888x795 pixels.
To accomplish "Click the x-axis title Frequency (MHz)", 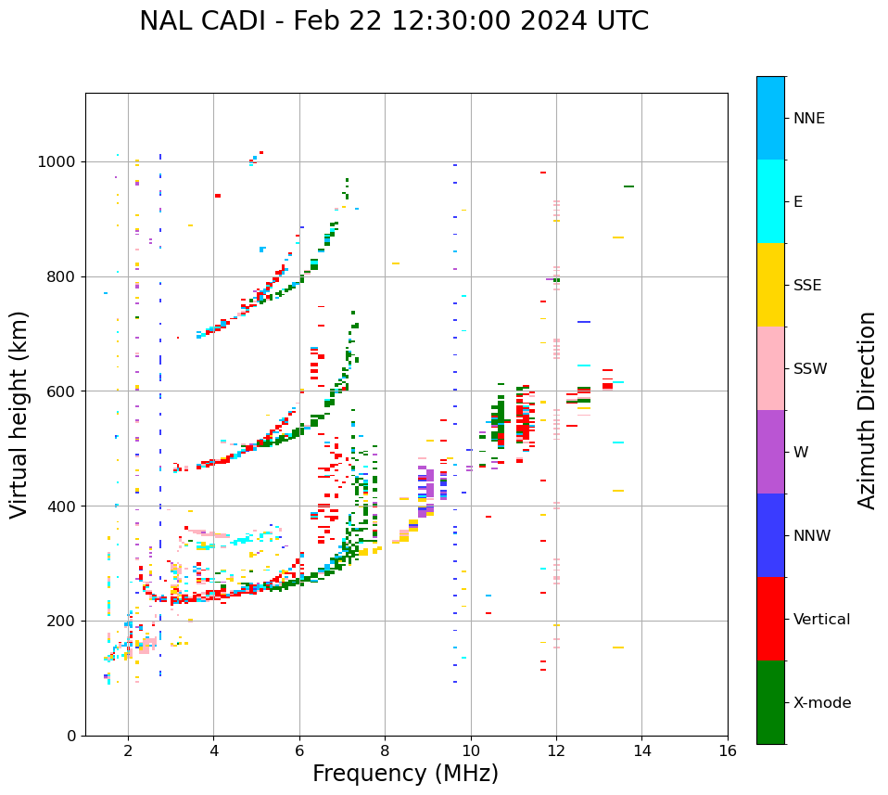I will click(405, 774).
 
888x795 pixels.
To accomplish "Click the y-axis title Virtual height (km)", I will click(19, 415).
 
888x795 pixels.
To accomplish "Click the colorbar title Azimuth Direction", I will click(867, 410).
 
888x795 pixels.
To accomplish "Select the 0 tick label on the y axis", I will click(70, 736).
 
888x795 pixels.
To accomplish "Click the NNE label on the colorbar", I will click(808, 119).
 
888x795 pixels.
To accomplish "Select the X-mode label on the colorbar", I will click(821, 703).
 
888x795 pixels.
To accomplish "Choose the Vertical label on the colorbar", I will click(821, 620).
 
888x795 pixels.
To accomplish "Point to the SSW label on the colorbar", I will click(810, 369).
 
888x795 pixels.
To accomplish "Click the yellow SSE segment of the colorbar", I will click(770, 285).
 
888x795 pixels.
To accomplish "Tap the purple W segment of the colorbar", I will click(770, 452).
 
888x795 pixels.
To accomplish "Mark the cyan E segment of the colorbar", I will click(770, 201).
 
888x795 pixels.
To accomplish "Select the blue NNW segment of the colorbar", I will click(770, 535).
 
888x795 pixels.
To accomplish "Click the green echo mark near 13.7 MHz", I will click(628, 186).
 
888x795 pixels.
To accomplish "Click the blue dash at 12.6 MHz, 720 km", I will click(584, 322).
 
